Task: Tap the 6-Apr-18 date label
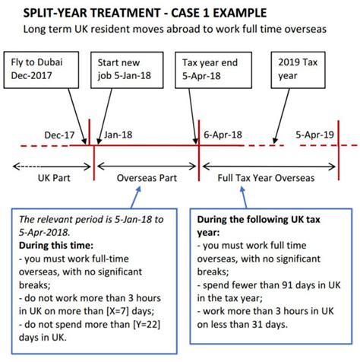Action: pyautogui.click(x=223, y=135)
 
